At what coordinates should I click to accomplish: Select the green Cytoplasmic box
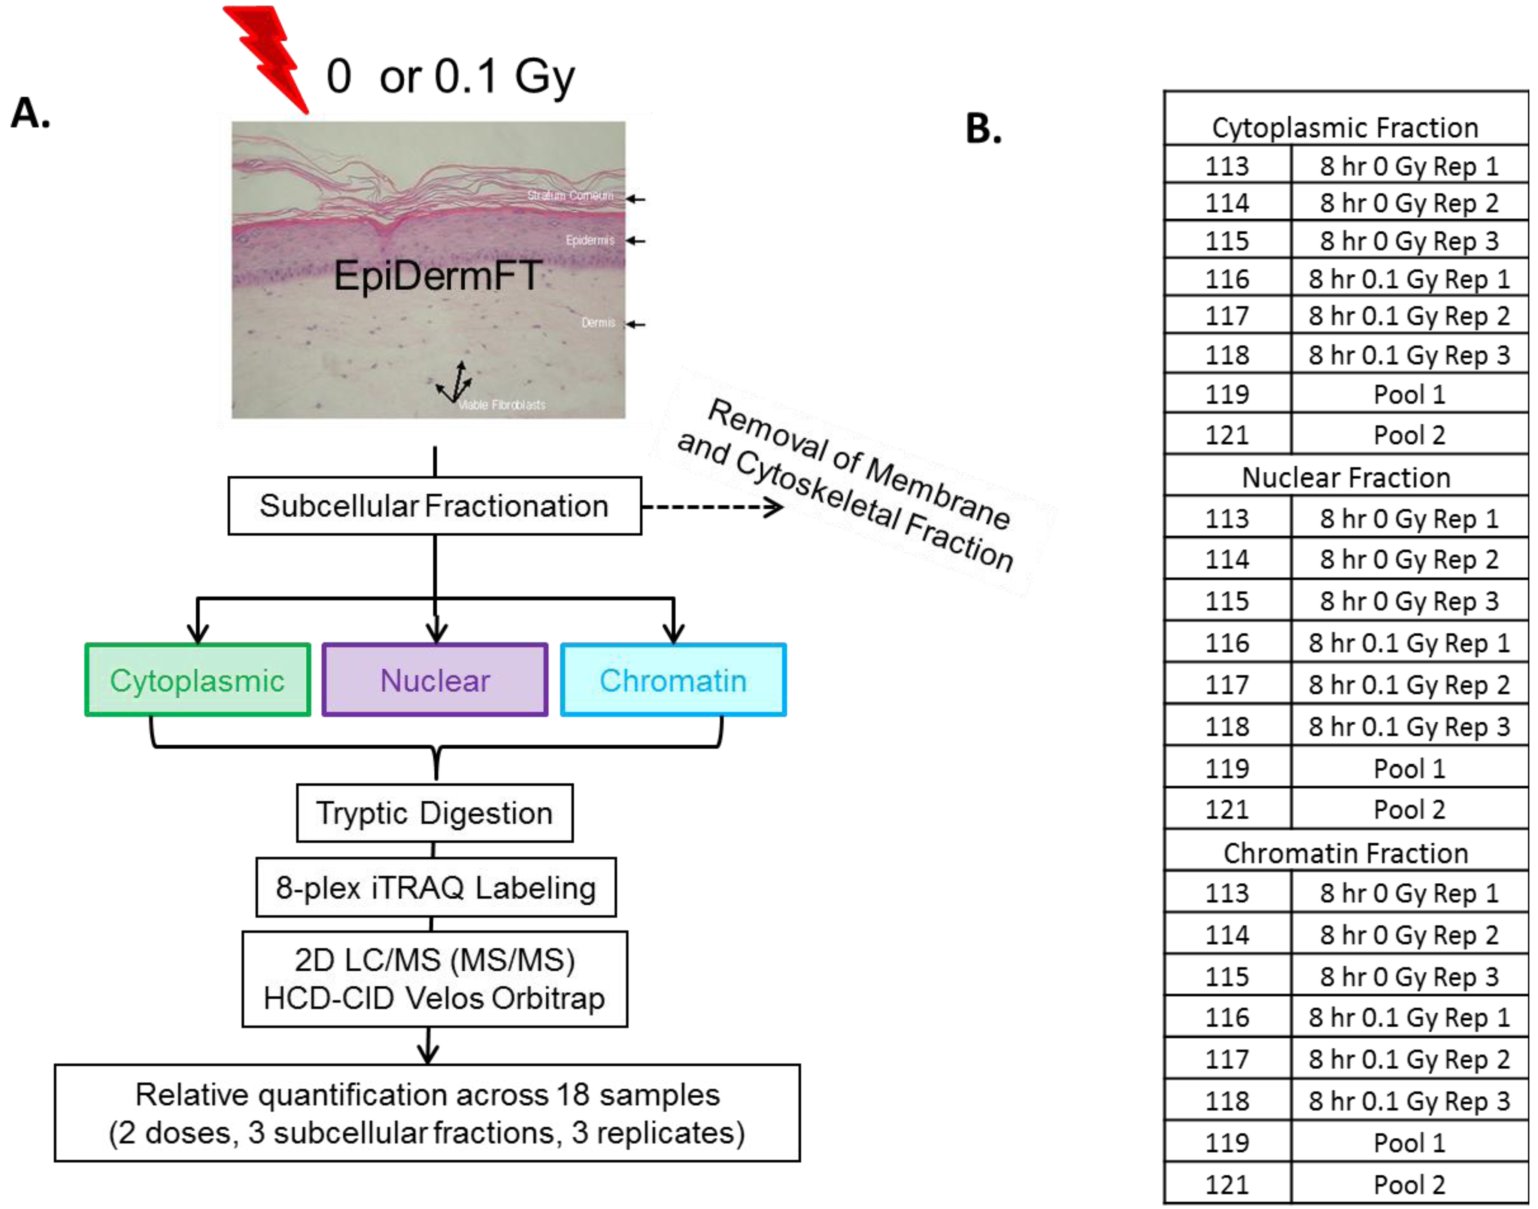198,680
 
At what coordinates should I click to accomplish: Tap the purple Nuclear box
435,680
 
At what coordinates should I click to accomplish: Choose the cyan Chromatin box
673,680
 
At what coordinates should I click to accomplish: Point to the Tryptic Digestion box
434,813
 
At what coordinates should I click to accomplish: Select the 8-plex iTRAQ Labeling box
436,887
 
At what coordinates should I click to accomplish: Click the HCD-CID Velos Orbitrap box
434,979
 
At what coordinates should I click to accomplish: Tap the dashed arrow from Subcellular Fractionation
712,507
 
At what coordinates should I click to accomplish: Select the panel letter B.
983,129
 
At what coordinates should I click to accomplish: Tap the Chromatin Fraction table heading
1346,853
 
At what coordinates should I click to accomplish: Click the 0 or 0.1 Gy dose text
451,76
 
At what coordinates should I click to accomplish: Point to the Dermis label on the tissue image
598,323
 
